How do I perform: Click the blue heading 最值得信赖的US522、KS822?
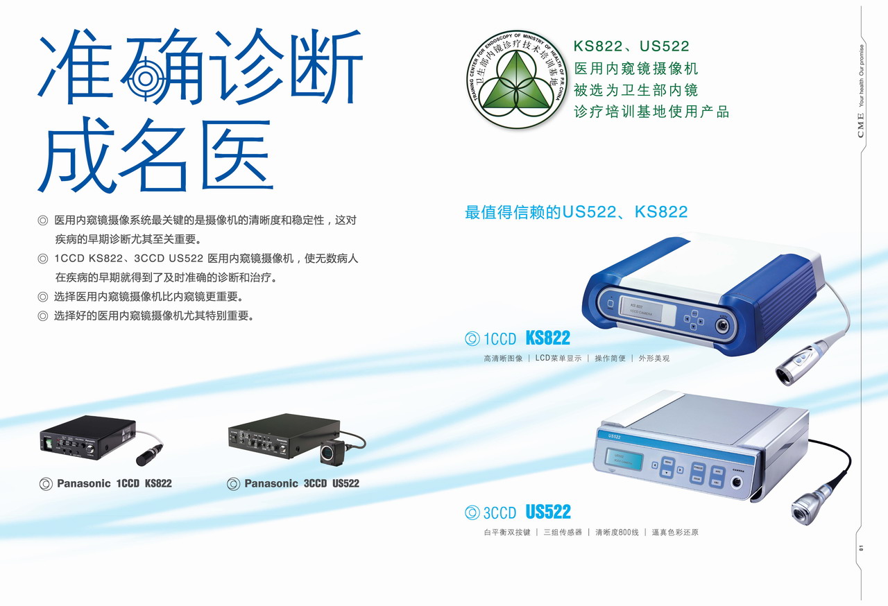[x=576, y=212]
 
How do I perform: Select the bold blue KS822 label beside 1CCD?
[x=547, y=338]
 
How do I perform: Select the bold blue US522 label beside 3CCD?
[x=548, y=512]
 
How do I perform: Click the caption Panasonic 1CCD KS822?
[x=114, y=483]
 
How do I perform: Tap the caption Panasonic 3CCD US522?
[x=301, y=483]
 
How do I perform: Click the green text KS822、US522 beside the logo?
[x=631, y=46]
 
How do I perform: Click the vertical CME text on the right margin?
[x=861, y=125]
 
